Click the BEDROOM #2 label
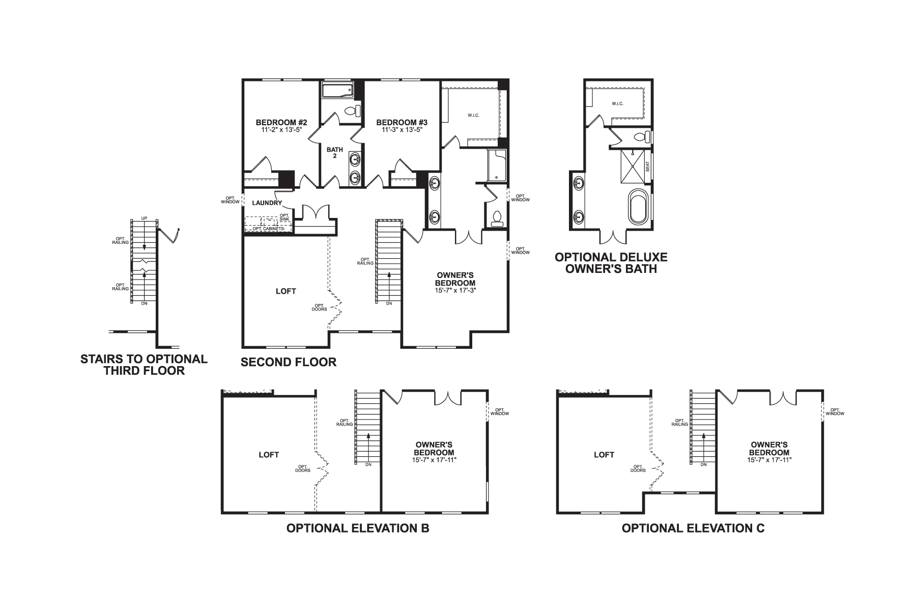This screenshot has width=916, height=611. [281, 122]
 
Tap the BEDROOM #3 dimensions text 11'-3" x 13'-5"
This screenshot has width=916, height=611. [402, 130]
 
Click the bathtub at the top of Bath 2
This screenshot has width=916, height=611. [338, 92]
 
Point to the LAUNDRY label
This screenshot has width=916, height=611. [267, 203]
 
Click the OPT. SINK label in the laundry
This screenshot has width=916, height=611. [284, 217]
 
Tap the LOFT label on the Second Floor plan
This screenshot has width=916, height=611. [285, 291]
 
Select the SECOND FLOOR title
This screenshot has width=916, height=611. [289, 362]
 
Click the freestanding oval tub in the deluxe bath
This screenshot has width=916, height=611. [637, 207]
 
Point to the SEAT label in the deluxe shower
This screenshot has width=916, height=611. [647, 166]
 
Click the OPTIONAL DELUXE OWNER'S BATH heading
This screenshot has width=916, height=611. [611, 263]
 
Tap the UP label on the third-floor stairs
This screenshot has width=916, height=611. [144, 218]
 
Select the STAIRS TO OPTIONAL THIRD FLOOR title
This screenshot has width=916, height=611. [144, 365]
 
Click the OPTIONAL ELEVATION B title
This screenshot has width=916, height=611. [358, 528]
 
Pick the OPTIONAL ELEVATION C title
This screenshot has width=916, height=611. [693, 528]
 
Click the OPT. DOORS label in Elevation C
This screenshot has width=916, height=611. [639, 468]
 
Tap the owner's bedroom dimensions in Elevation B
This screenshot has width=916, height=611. [434, 460]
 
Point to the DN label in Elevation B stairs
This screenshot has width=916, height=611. [368, 464]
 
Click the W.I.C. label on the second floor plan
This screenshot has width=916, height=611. [473, 116]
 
